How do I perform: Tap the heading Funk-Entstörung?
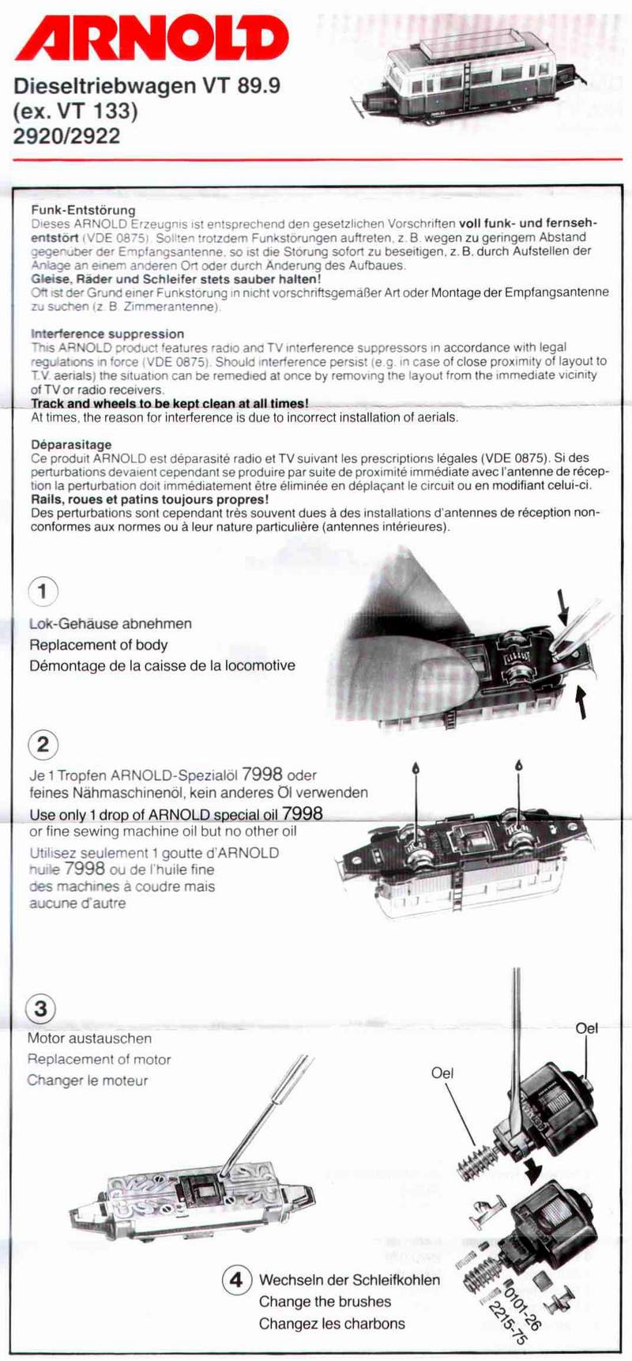[83, 210]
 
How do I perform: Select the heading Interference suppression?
[107, 334]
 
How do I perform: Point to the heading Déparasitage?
[71, 444]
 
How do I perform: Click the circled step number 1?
[43, 591]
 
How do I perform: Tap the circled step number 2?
[43, 744]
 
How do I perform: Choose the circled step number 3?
[40, 1008]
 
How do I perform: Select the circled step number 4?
[236, 1279]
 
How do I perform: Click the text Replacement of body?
[98, 645]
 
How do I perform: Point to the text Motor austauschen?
[89, 1039]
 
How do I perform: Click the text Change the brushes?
[325, 1301]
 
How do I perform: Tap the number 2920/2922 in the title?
[67, 136]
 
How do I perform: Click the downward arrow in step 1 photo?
[563, 607]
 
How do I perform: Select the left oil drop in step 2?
[416, 768]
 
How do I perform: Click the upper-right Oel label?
[586, 1028]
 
